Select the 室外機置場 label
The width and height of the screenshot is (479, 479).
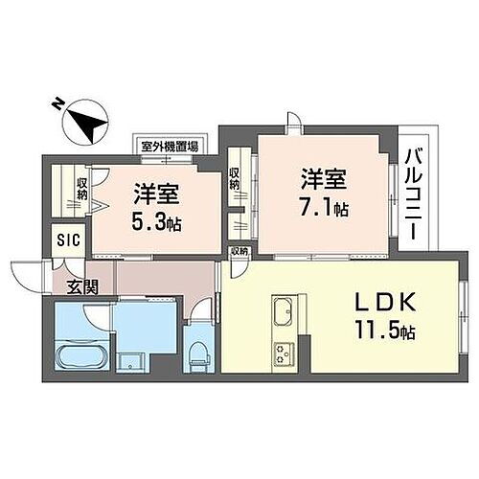pos(169,147)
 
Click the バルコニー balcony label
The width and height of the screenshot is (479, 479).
pos(414,193)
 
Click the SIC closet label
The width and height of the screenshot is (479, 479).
pos(66,240)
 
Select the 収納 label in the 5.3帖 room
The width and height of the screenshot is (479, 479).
pos(83,188)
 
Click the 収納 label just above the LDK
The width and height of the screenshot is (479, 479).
pos(239,250)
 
